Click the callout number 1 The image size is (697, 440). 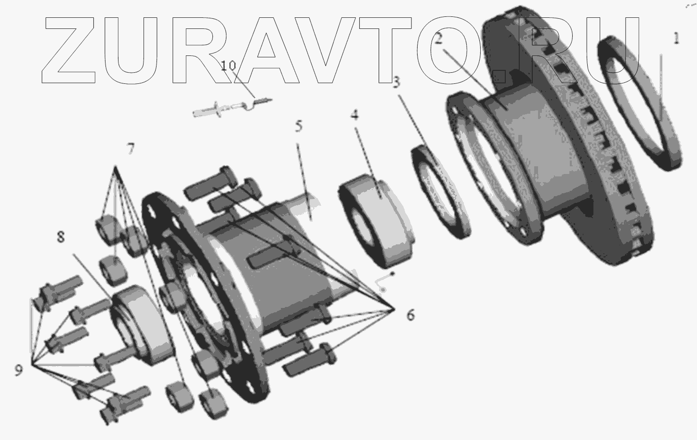676,39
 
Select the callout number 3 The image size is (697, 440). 396,82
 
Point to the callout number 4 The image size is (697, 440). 355,115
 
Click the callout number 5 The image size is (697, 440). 299,126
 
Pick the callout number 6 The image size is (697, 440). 411,315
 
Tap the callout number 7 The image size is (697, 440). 131,148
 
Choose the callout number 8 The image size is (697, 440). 61,237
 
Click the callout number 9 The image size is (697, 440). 19,370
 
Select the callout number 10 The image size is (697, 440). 228,66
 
